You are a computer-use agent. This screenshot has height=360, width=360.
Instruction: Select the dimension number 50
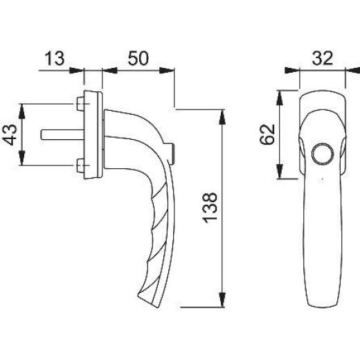click(x=138, y=58)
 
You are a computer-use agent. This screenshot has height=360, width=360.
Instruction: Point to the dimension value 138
click(x=213, y=206)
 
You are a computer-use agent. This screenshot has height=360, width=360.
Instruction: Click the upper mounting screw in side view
click(x=78, y=105)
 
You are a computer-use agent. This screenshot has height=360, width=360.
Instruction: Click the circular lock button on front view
click(x=321, y=154)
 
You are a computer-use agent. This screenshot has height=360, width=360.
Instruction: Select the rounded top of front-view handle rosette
click(x=322, y=91)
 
